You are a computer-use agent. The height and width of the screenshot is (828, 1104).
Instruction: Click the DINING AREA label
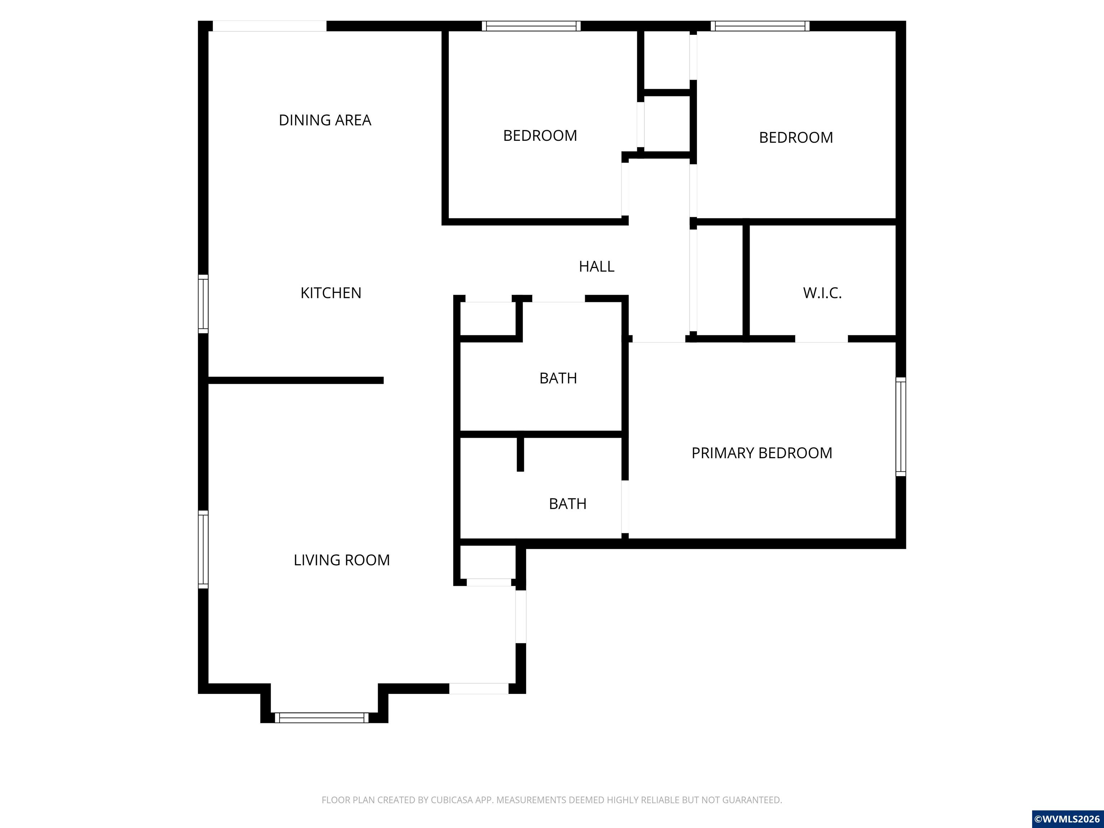325,120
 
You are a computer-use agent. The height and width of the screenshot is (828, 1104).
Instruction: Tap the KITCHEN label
331,293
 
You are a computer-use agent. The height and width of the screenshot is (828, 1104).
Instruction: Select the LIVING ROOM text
341,560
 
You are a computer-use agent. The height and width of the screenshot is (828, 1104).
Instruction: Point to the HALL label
597,267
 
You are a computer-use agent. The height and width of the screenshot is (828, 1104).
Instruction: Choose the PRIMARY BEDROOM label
762,453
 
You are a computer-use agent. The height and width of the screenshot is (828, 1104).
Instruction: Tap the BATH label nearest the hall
558,378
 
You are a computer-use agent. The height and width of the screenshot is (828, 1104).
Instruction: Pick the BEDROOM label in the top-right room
796,138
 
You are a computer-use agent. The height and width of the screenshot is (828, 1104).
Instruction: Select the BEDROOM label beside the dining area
540,136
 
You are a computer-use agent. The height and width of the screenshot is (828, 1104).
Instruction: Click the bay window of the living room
322,718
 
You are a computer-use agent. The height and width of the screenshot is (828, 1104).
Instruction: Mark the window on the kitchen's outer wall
203,303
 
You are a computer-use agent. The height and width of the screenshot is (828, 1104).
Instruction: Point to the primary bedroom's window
901,427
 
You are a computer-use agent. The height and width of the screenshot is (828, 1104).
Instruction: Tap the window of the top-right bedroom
760,26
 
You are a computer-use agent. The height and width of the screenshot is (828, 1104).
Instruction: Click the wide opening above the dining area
270,26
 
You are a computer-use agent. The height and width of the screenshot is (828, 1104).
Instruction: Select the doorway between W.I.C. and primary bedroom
822,339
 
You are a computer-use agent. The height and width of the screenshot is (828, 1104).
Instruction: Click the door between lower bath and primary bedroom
625,507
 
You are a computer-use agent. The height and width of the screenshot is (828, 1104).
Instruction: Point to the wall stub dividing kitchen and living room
295,380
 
